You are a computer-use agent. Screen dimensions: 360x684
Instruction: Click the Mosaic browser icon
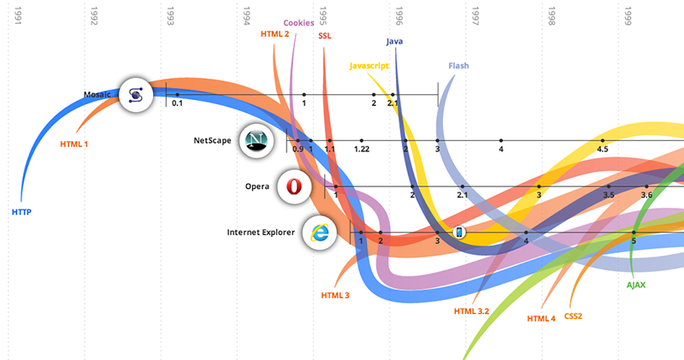(135, 94)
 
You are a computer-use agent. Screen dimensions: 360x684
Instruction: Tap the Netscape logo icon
(254, 140)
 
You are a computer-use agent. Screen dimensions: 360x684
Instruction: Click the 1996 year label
(399, 16)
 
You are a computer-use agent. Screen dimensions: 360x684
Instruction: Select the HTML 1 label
(74, 144)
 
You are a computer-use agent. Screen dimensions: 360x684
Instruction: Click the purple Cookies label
(298, 23)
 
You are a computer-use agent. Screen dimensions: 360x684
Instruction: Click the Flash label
(458, 66)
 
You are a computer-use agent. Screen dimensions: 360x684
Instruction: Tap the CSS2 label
(573, 316)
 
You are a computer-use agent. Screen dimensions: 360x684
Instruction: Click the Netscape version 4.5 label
(603, 150)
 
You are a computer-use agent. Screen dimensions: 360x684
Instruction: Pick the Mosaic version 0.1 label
(177, 103)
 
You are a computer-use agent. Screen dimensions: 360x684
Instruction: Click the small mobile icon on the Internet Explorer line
(458, 232)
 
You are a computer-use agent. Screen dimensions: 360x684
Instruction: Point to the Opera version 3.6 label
(646, 195)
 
